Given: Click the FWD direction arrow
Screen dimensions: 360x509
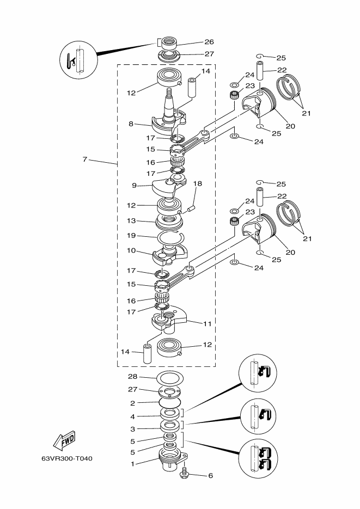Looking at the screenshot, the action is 64,440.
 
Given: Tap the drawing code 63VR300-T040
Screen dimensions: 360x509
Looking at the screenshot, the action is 67,459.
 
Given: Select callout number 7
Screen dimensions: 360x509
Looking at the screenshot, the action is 85,160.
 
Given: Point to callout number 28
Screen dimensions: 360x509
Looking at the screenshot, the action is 132,377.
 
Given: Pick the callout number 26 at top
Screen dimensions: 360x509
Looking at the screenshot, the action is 209,42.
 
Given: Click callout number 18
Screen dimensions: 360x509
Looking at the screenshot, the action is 197,184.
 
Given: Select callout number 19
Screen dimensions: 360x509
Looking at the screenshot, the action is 131,236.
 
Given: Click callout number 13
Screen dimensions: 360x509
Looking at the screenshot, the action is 131,220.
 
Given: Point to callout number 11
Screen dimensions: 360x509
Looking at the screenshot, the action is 207,324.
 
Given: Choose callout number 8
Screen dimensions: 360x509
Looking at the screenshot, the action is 131,124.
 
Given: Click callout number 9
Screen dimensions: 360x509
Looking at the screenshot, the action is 134,186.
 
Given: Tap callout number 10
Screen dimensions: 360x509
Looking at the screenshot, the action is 131,250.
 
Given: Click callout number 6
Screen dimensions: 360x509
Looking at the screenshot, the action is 210,476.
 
